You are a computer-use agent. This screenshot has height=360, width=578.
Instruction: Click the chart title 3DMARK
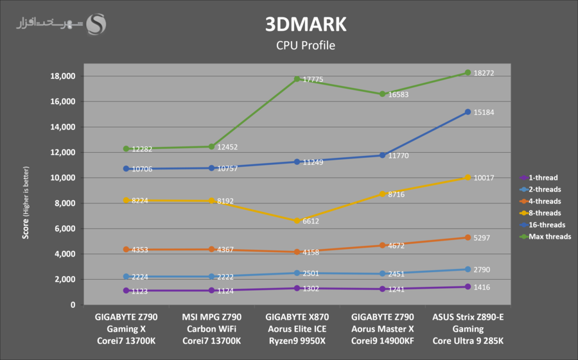pyautogui.click(x=306, y=24)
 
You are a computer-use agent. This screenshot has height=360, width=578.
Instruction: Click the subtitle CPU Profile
pyautogui.click(x=306, y=46)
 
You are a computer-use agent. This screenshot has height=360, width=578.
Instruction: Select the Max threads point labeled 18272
pyautogui.click(x=468, y=73)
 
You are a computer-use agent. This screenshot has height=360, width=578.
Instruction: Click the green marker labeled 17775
pyautogui.click(x=297, y=79)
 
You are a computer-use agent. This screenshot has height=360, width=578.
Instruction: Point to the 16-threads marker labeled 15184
pyautogui.click(x=468, y=112)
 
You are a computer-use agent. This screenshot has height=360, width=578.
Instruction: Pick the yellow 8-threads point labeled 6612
pyautogui.click(x=297, y=221)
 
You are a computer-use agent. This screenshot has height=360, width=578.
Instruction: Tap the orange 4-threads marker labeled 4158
pyautogui.click(x=297, y=252)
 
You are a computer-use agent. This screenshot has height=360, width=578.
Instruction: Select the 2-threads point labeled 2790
pyautogui.click(x=468, y=270)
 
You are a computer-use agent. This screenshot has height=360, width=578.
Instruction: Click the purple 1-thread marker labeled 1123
pyautogui.click(x=126, y=291)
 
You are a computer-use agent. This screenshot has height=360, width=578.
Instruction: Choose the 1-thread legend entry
pyautogui.click(x=541, y=178)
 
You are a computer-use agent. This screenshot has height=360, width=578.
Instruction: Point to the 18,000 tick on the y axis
pyautogui.click(x=63, y=76)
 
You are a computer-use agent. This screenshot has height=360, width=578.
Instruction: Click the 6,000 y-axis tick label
pyautogui.click(x=65, y=228)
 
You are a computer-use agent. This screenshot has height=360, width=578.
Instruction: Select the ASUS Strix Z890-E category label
pyautogui.click(x=468, y=317)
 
